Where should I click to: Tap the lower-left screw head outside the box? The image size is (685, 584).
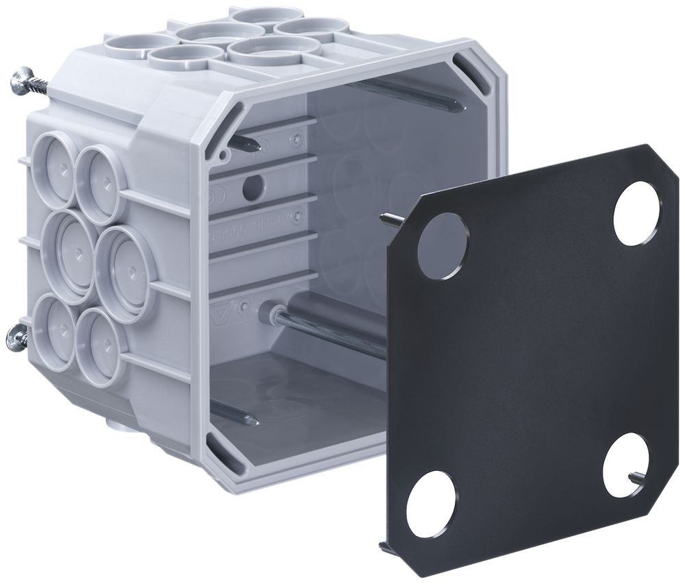click(x=16, y=337)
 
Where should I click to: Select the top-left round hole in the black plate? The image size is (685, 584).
click(x=440, y=245)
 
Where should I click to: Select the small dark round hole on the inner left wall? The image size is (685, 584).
click(x=253, y=183)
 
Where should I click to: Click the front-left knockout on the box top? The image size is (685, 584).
click(x=173, y=59)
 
